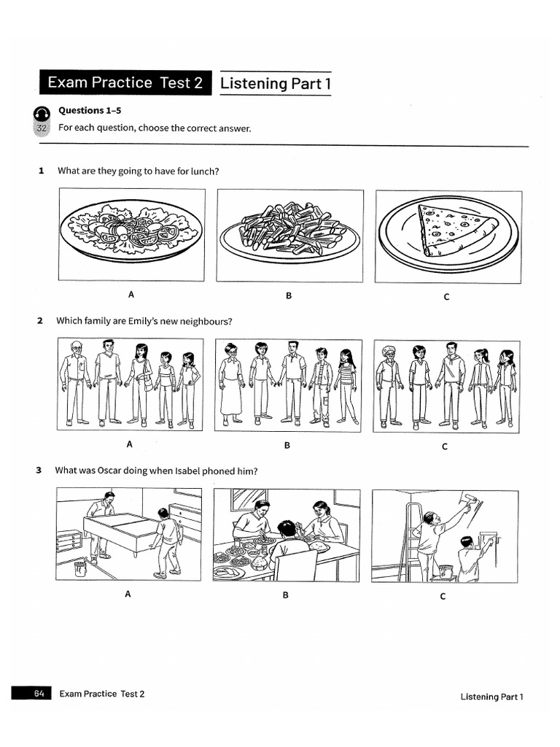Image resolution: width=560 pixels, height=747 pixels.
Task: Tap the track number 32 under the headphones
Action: point(41,128)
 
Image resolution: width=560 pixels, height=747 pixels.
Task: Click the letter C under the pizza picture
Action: point(446,296)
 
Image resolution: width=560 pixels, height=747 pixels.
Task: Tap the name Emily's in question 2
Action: point(155,321)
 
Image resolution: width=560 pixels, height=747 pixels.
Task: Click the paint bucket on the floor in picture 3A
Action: point(80,568)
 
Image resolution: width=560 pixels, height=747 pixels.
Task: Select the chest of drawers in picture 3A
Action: point(69,541)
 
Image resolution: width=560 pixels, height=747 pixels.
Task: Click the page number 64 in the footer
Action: point(39,694)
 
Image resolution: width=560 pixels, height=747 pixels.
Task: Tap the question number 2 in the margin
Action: point(40,321)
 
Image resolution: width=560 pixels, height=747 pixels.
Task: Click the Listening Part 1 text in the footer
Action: point(491,697)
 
